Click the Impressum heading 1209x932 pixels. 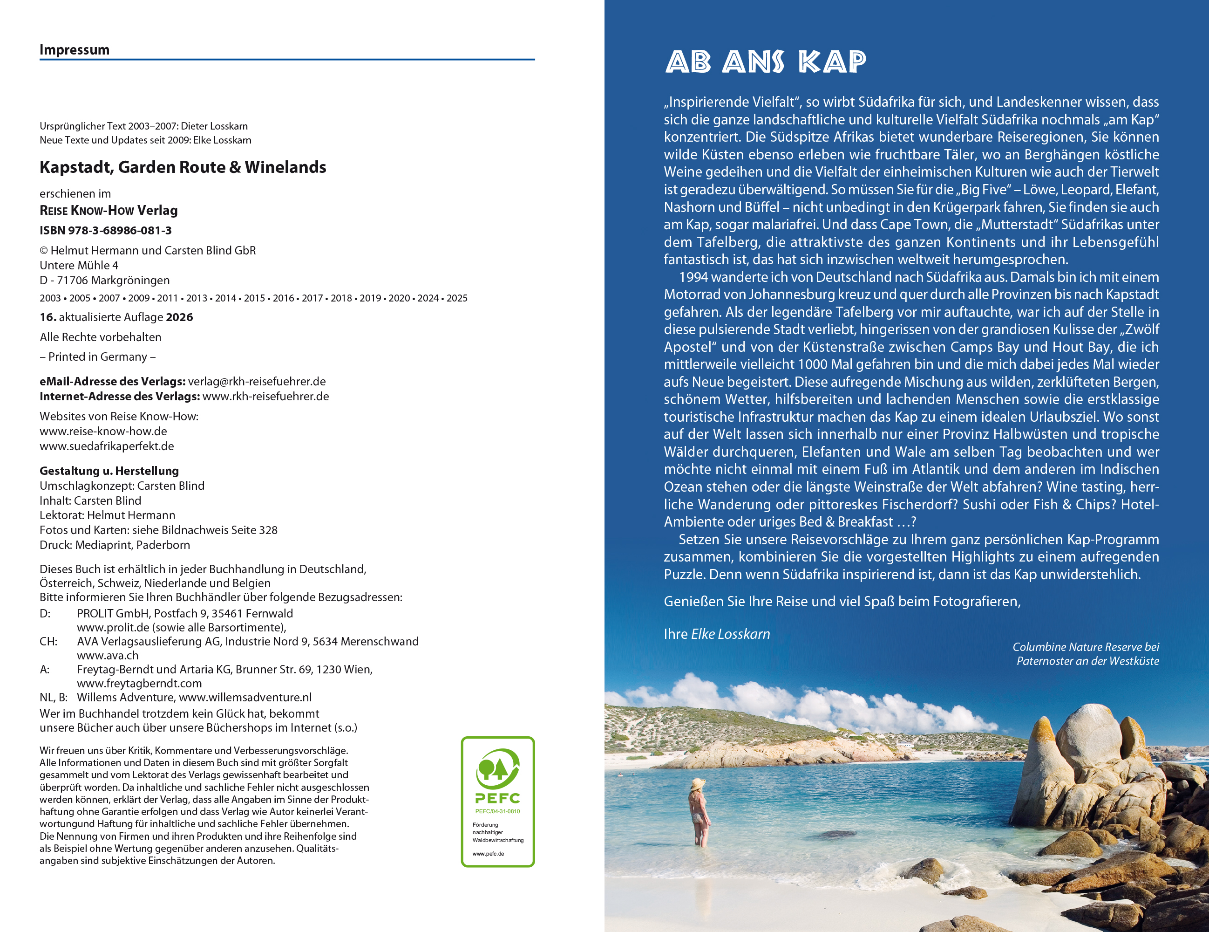coord(74,50)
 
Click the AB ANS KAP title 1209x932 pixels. coord(766,62)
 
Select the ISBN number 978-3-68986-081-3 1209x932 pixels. coord(120,230)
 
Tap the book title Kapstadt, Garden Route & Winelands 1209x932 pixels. coord(183,167)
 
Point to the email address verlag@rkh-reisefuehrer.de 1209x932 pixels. coord(257,381)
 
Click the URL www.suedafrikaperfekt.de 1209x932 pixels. coord(107,446)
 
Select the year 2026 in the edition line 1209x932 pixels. coord(179,317)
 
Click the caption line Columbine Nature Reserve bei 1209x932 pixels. coord(1086,647)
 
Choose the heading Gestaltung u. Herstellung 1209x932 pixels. coord(109,471)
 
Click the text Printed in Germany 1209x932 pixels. coord(97,356)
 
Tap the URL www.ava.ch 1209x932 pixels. coord(108,655)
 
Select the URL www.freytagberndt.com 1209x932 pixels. coord(139,683)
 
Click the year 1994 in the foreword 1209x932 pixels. coord(693,277)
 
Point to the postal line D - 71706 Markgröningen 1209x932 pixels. coord(105,280)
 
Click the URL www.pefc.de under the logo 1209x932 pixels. coord(488,853)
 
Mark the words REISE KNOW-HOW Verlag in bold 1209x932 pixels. coord(109,211)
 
